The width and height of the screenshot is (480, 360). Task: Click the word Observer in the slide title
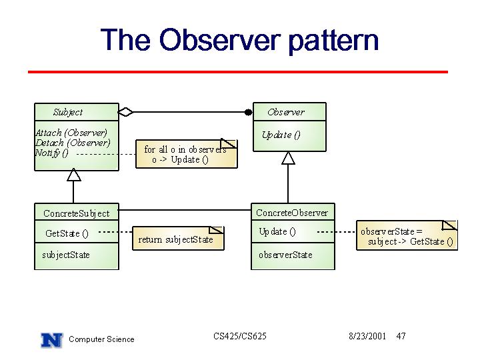[x=220, y=39]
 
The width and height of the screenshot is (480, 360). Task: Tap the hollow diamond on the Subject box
[x=126, y=113]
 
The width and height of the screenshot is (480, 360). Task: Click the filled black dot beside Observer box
[x=249, y=113]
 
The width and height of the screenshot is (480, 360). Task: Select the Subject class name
[x=68, y=113]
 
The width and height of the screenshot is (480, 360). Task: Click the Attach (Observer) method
[x=71, y=133]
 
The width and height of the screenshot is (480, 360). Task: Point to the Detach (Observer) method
[x=73, y=143]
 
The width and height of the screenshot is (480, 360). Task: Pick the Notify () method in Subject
[x=52, y=153]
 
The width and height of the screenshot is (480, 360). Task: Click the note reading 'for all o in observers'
[x=187, y=154]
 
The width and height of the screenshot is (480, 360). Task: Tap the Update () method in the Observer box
[x=281, y=135]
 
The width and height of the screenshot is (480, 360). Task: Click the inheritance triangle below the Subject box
[x=74, y=175]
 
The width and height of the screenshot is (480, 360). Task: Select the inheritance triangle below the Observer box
[x=288, y=158]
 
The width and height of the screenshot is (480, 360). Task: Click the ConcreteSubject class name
[x=77, y=213]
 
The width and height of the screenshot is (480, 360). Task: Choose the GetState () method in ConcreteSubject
[x=67, y=233]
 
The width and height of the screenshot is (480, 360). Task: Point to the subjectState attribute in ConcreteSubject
[x=66, y=255]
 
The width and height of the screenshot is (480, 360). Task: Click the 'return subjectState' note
[x=178, y=239]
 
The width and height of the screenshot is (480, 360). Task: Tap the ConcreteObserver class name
[x=292, y=213]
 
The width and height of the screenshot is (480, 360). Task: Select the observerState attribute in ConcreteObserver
[x=285, y=255]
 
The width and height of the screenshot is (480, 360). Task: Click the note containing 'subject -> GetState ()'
[x=407, y=235]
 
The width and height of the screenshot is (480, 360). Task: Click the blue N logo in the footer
[x=52, y=340]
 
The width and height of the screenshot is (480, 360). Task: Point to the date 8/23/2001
[x=367, y=336]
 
